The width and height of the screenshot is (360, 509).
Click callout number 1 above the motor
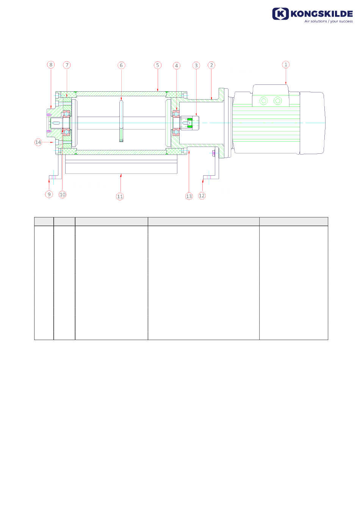pos(286,64)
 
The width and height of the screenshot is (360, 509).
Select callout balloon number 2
pos(211,65)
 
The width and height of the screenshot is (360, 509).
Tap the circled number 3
pos(196,66)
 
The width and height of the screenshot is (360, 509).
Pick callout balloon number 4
pos(177,66)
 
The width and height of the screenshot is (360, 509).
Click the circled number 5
pos(158,65)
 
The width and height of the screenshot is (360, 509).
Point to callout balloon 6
pos(121,66)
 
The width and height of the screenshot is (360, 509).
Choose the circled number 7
pos(67,65)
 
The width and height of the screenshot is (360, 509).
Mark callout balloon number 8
pos(51,65)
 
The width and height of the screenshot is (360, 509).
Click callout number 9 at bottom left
pos(49,194)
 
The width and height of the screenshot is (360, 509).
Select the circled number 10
pos(63,195)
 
